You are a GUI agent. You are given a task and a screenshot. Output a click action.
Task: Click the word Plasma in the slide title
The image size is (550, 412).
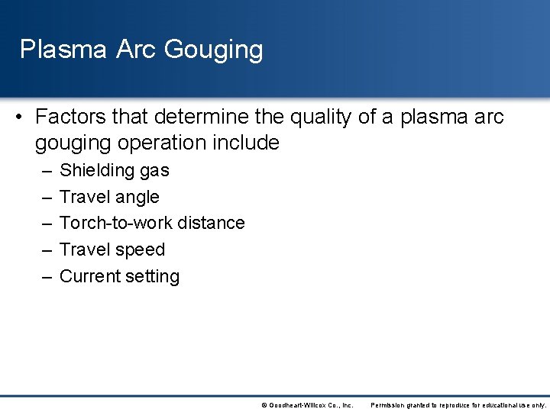point(63,50)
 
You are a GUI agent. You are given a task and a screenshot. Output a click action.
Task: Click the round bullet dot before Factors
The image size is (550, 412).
point(18,117)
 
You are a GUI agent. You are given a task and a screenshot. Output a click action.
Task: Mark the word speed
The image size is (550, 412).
point(141,250)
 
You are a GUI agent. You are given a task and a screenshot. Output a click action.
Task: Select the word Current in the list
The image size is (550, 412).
point(89,276)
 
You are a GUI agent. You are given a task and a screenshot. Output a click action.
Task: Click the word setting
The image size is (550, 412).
point(152,277)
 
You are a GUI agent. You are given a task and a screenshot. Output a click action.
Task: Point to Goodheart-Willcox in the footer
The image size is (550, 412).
point(298,405)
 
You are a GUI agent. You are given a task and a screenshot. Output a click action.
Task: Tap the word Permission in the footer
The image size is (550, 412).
point(390,405)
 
